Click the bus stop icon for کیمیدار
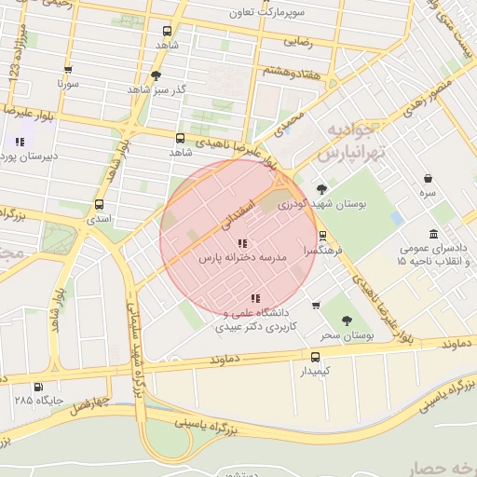pos(315,357)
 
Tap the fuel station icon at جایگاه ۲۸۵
pos(38,387)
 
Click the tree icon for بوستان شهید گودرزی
pos(322,188)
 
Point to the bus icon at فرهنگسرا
pos(322,237)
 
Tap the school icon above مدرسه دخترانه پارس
pos(230,243)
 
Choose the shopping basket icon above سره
pos(428,178)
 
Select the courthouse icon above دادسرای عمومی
pos(433,234)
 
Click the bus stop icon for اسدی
pos(100,205)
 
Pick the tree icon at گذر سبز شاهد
pos(156,75)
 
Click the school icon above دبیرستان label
pos(19,142)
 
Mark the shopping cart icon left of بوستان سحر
pos(316,305)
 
